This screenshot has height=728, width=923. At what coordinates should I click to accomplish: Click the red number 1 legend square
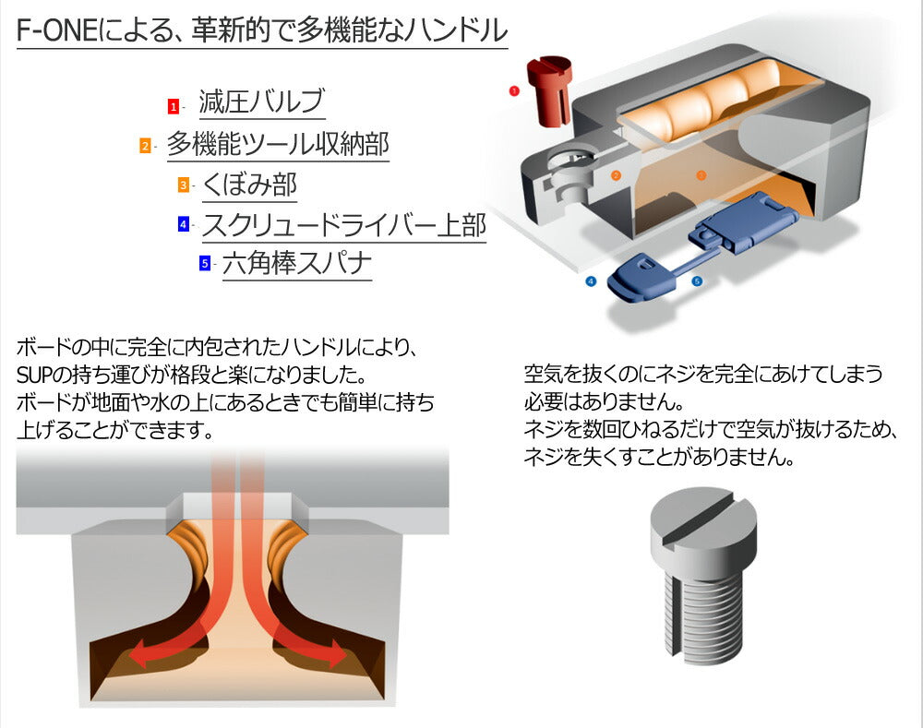pyautogui.click(x=174, y=106)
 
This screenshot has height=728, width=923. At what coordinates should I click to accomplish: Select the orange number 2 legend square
pyautogui.click(x=146, y=145)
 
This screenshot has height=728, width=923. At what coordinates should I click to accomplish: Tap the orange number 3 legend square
pyautogui.click(x=184, y=185)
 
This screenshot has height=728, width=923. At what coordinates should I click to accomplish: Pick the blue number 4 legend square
pyautogui.click(x=184, y=223)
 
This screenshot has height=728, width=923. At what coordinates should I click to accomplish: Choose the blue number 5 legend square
pyautogui.click(x=205, y=262)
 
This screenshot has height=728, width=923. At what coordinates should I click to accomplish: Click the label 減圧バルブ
pyautogui.click(x=261, y=101)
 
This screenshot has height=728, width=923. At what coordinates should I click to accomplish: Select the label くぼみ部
pyautogui.click(x=249, y=185)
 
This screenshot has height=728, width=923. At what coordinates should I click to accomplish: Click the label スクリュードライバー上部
pyautogui.click(x=344, y=224)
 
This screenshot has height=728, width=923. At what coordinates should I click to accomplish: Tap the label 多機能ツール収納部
pyautogui.click(x=278, y=144)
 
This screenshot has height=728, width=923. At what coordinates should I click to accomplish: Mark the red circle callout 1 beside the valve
pyautogui.click(x=514, y=90)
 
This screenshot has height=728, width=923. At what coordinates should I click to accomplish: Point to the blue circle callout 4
pyautogui.click(x=591, y=281)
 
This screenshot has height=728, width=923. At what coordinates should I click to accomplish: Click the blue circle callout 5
pyautogui.click(x=697, y=281)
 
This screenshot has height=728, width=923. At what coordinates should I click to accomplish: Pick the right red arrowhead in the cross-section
pyautogui.click(x=336, y=652)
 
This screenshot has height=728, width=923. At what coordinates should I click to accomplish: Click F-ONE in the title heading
pyautogui.click(x=56, y=30)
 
